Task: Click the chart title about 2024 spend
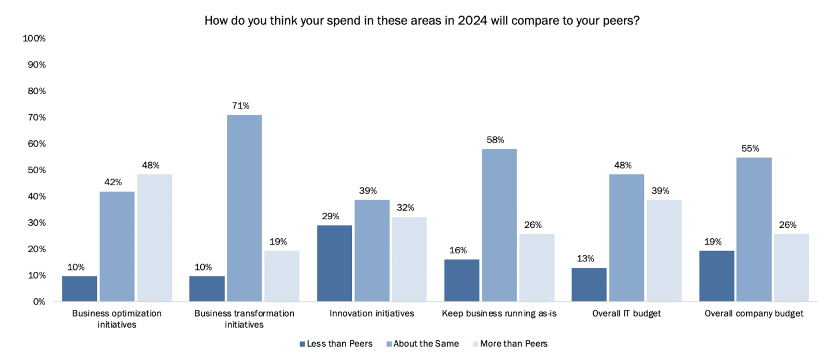coord(422,21)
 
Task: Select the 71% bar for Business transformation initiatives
coord(244,208)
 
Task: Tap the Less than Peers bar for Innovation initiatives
coord(334,263)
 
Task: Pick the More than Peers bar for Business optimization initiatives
coord(155,238)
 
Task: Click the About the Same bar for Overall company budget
coord(754,229)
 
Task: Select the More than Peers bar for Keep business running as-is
coord(537,267)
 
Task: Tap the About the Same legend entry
coord(426,344)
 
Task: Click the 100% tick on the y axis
coord(33,39)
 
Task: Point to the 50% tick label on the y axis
coord(36,170)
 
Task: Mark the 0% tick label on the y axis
coord(38,302)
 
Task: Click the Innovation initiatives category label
coord(372,314)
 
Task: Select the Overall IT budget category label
coord(626,314)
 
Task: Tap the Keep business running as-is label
coord(499,314)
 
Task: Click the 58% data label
coord(499,140)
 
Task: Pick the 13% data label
coord(589,259)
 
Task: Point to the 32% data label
coord(409,208)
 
